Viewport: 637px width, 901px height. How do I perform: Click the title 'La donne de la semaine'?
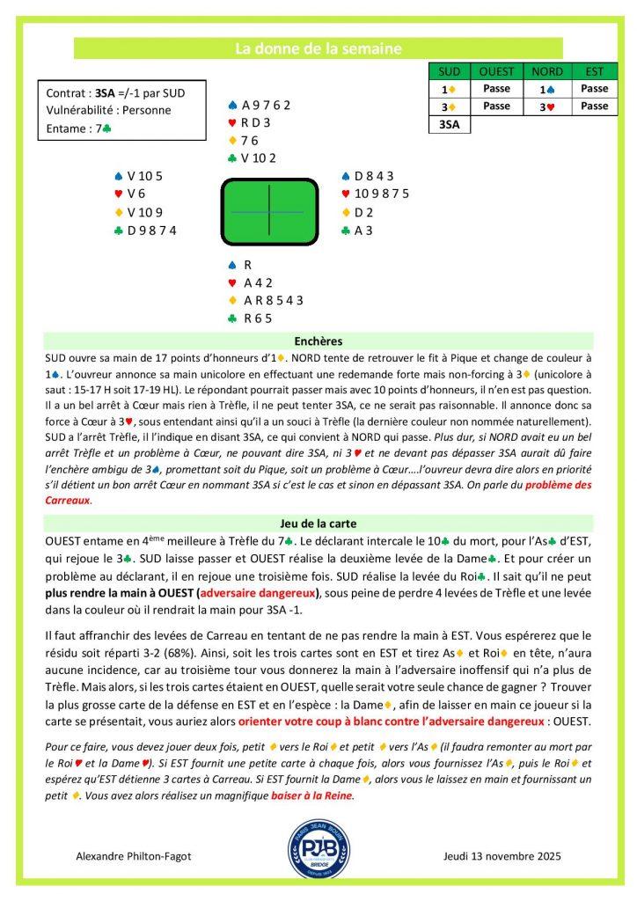click(x=318, y=49)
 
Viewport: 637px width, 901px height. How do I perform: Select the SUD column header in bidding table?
click(x=449, y=71)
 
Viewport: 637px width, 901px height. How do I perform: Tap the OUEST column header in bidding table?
click(x=497, y=71)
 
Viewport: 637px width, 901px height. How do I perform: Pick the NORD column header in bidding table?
click(x=547, y=71)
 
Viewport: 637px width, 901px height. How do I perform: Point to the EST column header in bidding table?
click(x=595, y=71)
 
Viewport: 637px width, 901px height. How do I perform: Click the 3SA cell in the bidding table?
click(x=449, y=125)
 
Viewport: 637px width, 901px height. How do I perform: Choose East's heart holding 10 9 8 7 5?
click(x=380, y=194)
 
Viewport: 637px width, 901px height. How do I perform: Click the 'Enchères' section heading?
click(x=318, y=341)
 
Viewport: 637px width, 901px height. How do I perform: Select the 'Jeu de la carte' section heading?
click(x=318, y=523)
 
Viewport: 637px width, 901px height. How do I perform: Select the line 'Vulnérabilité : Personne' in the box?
click(x=108, y=110)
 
